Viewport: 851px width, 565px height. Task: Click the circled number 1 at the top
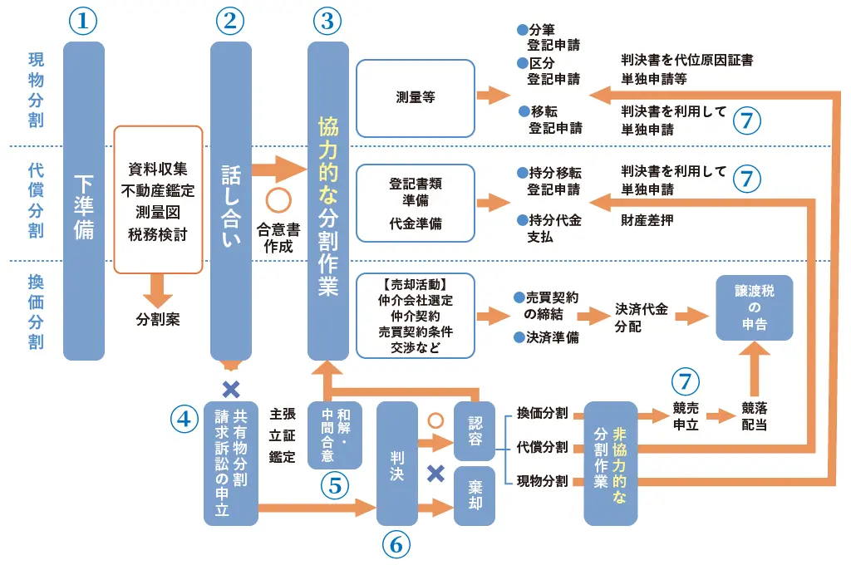pyautogui.click(x=83, y=21)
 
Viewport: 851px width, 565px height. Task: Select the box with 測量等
pyautogui.click(x=416, y=98)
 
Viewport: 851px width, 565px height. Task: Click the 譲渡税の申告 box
pyautogui.click(x=755, y=307)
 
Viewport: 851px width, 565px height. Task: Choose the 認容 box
pyautogui.click(x=475, y=430)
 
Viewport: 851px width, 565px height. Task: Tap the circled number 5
pyautogui.click(x=334, y=486)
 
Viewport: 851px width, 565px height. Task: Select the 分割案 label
pyautogui.click(x=158, y=318)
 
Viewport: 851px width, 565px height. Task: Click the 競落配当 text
pyautogui.click(x=755, y=415)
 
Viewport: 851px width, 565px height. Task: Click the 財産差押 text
pyautogui.click(x=647, y=221)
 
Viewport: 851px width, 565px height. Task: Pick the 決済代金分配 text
pyautogui.click(x=639, y=317)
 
